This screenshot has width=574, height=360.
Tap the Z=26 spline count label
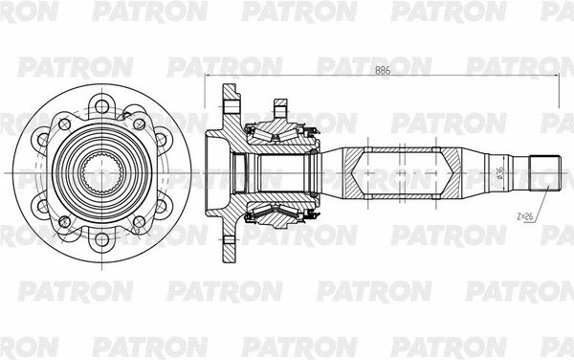[525, 217]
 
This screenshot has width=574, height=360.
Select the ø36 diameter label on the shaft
[499, 172]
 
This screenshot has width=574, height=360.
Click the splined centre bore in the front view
[100, 172]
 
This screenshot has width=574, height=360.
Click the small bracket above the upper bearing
[280, 105]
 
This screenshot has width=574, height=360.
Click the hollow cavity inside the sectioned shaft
[402, 172]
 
